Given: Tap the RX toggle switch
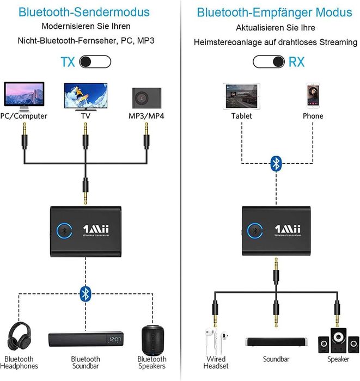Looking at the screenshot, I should pyautogui.click(x=269, y=62).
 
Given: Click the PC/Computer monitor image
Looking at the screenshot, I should pyautogui.click(x=23, y=96).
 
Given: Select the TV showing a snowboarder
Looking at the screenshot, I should pyautogui.click(x=84, y=96).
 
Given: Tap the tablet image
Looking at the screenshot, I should pyautogui.click(x=241, y=96).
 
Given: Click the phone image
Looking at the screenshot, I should pyautogui.click(x=313, y=96).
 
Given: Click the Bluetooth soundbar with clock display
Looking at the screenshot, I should pyautogui.click(x=85, y=341).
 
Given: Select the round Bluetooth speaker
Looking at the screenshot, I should pyautogui.click(x=152, y=339).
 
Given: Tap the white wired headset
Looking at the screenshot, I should pyautogui.click(x=216, y=340).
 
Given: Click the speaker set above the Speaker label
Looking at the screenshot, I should pyautogui.click(x=338, y=340).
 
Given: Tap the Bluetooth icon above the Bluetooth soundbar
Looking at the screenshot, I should pyautogui.click(x=85, y=293).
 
